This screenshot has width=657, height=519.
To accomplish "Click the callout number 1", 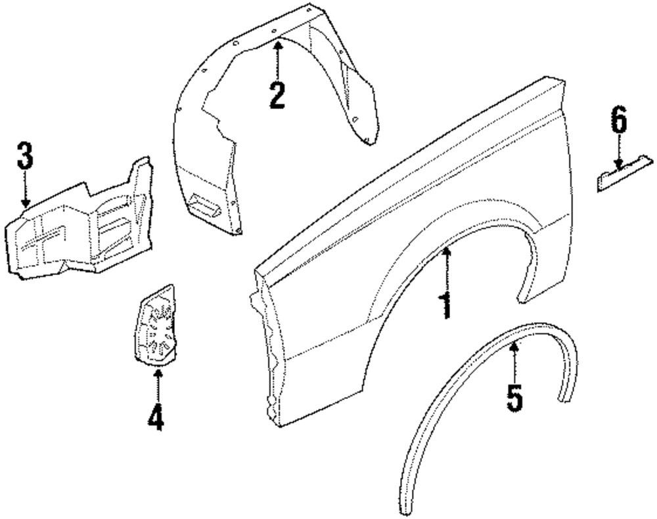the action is pyautogui.click(x=446, y=306).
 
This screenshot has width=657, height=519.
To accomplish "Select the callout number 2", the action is pyautogui.click(x=277, y=95).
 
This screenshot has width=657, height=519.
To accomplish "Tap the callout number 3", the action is pyautogui.click(x=25, y=157).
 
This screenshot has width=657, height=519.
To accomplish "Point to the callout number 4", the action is pyautogui.click(x=156, y=417).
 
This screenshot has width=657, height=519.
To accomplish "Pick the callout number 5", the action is pyautogui.click(x=514, y=397).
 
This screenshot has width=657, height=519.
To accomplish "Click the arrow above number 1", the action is pyautogui.click(x=446, y=269).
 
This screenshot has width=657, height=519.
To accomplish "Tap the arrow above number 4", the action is pyautogui.click(x=156, y=384).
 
